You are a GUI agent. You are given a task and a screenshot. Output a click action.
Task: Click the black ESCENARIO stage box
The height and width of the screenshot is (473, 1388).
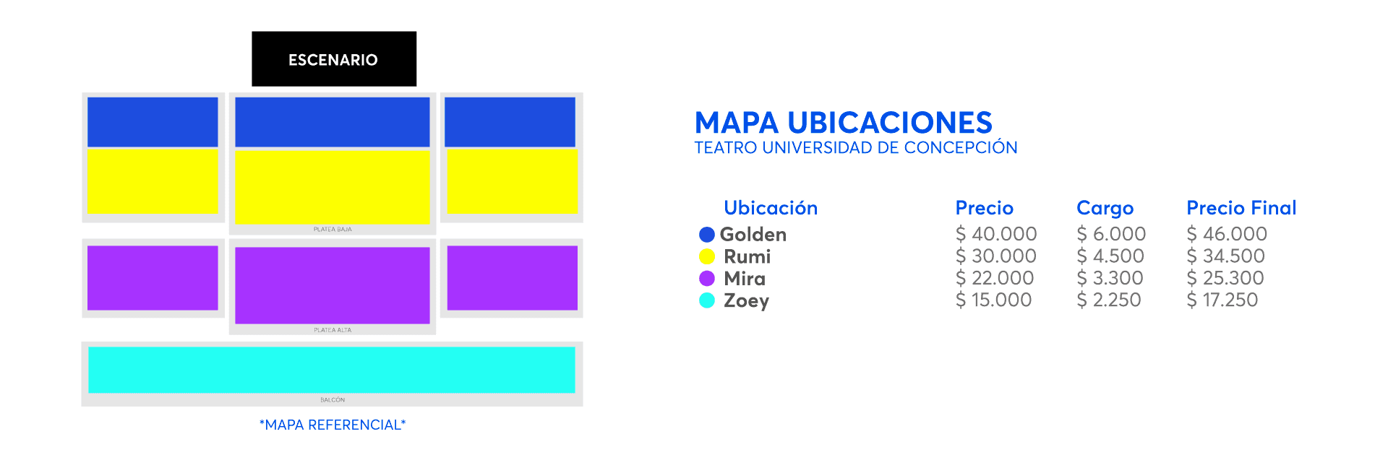pyautogui.click(x=334, y=58)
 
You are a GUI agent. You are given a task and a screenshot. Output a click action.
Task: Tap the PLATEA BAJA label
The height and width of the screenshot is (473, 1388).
pyautogui.click(x=333, y=230)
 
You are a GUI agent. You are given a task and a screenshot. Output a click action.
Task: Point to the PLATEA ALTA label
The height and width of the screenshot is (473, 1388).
pyautogui.click(x=333, y=330)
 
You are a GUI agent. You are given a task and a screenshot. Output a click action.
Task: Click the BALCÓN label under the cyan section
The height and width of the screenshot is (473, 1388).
pyautogui.click(x=333, y=400)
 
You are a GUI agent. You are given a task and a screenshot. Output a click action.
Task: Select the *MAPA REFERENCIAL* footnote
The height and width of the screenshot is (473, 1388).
pyautogui.click(x=333, y=425)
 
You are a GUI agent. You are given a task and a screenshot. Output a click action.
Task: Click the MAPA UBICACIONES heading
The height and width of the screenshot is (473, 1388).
pyautogui.click(x=843, y=123)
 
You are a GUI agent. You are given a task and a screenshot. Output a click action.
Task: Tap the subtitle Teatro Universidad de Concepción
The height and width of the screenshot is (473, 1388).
pyautogui.click(x=856, y=148)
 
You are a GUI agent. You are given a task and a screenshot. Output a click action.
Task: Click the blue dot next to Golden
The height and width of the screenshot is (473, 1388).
pyautogui.click(x=707, y=235)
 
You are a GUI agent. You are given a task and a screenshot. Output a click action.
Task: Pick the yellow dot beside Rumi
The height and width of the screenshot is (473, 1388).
pyautogui.click(x=707, y=256)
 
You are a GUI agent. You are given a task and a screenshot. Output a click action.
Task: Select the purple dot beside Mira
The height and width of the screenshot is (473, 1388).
pyautogui.click(x=707, y=279)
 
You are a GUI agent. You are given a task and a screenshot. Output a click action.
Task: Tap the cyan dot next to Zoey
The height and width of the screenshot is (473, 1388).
pyautogui.click(x=707, y=300)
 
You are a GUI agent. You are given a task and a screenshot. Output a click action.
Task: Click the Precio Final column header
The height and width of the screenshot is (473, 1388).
pyautogui.click(x=1241, y=208)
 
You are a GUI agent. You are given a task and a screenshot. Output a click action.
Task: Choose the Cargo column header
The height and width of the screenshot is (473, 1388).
pyautogui.click(x=1105, y=209)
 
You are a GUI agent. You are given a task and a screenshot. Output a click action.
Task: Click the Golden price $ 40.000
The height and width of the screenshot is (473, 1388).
pyautogui.click(x=996, y=234)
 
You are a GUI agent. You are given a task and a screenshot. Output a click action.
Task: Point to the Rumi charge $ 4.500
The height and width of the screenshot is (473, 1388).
pyautogui.click(x=1110, y=256)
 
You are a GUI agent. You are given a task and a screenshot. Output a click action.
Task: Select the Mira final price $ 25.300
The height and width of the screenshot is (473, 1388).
pyautogui.click(x=1225, y=278)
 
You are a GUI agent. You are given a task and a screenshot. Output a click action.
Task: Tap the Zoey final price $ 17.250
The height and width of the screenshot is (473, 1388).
pyautogui.click(x=1222, y=300)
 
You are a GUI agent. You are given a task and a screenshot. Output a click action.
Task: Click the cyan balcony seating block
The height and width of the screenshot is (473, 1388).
pyautogui.click(x=332, y=370)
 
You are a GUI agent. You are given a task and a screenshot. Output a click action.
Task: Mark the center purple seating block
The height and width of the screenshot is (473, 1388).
pyautogui.click(x=333, y=285)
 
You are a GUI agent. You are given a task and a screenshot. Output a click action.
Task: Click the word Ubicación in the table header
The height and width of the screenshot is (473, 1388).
pyautogui.click(x=771, y=208)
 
